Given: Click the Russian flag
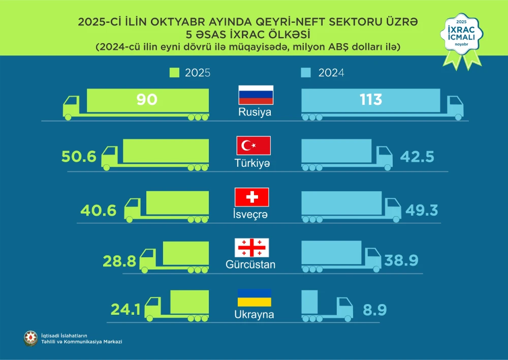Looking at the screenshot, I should (x=256, y=95).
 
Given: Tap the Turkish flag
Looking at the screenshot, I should (x=253, y=145).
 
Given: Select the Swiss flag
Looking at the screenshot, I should (x=251, y=197).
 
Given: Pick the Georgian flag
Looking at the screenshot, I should (x=251, y=248).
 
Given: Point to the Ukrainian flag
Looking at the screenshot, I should (x=254, y=297).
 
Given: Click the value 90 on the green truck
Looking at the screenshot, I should (x=147, y=99).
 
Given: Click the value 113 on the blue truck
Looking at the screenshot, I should (x=370, y=99).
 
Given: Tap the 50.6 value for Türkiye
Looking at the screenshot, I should (x=79, y=156).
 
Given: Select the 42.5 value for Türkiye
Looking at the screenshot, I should (x=417, y=156).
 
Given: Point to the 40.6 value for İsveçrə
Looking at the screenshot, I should (x=99, y=209).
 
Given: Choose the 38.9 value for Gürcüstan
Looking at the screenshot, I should (x=401, y=260).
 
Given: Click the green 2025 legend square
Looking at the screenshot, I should (x=174, y=73).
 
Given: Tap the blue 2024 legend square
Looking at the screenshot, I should (x=305, y=73).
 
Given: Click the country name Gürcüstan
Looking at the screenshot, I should (x=250, y=265).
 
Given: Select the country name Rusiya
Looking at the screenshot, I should (x=255, y=112).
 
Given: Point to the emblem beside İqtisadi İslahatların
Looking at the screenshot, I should (x=31, y=338).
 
